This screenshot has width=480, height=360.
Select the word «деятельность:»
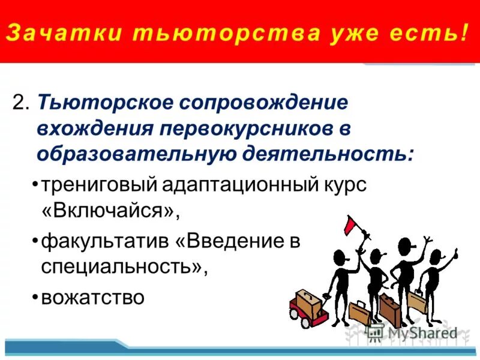click(328, 154)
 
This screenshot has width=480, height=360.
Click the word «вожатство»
click(93, 296)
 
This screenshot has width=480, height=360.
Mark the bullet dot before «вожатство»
click(36, 296)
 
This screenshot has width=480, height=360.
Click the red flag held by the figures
click(352, 226)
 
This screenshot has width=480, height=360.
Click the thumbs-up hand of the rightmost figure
click(454, 253)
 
